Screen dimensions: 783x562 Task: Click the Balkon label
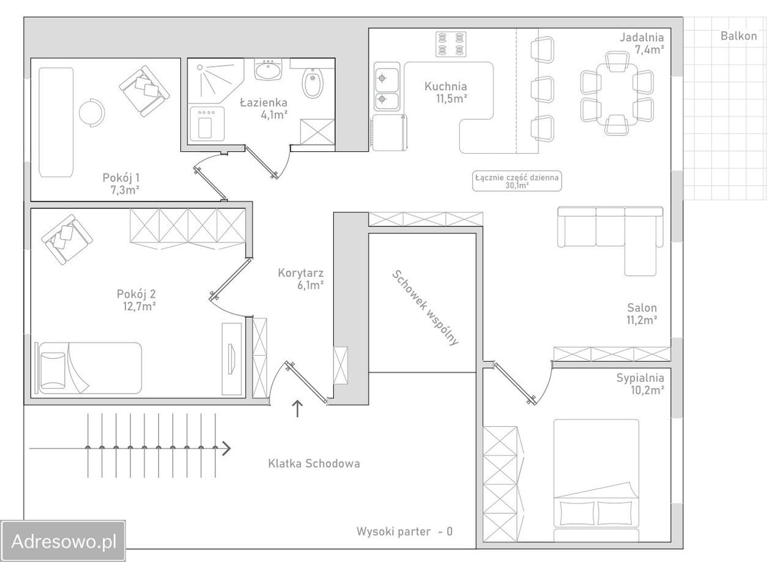[x=738, y=36]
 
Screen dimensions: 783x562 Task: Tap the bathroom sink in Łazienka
[x=268, y=69]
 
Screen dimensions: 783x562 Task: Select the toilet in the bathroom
[x=313, y=83]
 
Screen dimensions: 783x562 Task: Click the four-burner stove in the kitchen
[x=451, y=44]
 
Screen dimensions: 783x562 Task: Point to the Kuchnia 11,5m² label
[x=447, y=92]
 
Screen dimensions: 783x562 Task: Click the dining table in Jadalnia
[x=617, y=94]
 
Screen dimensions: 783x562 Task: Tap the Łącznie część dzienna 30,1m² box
[x=517, y=181]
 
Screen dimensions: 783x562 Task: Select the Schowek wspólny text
[x=425, y=308]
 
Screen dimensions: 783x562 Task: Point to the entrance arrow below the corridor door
[x=297, y=409]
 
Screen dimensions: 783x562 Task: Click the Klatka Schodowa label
[x=314, y=463]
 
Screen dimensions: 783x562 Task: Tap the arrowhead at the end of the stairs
[x=227, y=448]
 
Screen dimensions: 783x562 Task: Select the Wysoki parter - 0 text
[x=404, y=531]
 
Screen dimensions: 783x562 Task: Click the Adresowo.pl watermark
[x=63, y=541]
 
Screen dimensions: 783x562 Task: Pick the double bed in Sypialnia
[x=596, y=481]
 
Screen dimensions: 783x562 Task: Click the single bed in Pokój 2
[x=89, y=368]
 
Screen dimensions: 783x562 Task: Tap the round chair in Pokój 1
[x=92, y=113]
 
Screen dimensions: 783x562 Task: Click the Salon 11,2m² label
[x=642, y=314]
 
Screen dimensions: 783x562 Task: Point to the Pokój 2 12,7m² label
[x=137, y=300]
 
